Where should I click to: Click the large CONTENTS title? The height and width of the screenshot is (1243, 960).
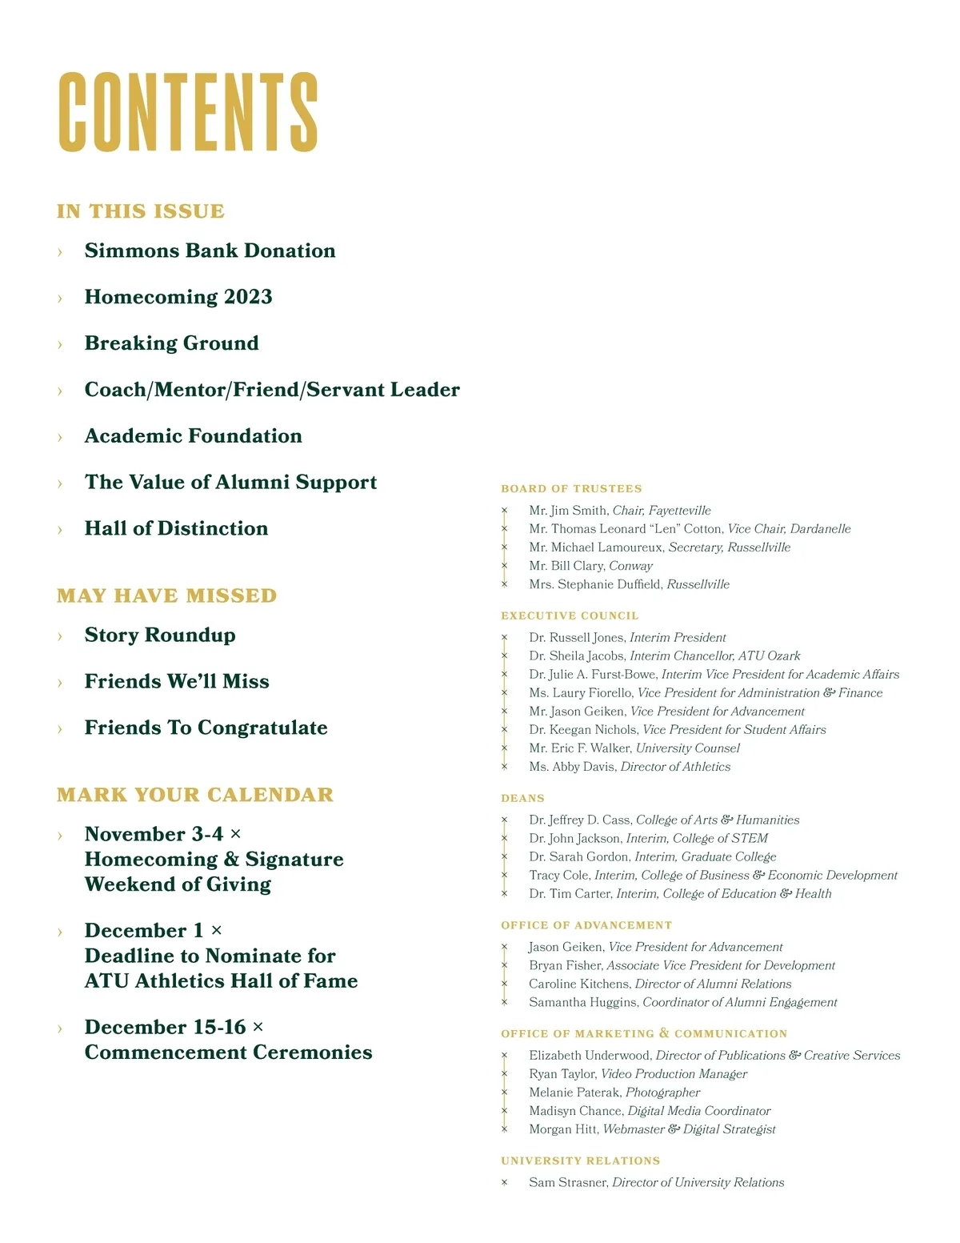(x=188, y=112)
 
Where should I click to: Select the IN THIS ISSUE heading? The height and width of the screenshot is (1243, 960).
(x=141, y=211)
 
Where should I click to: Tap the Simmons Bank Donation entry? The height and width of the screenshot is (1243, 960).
(x=210, y=251)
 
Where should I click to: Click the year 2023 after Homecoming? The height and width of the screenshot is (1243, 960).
(x=248, y=297)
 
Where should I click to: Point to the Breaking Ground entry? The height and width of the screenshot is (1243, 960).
(x=171, y=343)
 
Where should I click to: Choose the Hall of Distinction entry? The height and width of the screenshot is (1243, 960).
(x=176, y=528)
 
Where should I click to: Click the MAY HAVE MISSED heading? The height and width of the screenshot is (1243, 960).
(x=166, y=595)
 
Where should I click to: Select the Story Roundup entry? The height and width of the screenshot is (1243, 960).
(x=160, y=635)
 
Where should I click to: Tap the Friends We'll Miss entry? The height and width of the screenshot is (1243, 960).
(x=177, y=681)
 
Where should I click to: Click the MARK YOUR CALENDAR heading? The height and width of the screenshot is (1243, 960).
(x=195, y=795)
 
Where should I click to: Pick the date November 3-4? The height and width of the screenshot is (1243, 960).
(x=154, y=834)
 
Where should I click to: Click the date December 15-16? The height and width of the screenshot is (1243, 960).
(x=165, y=1027)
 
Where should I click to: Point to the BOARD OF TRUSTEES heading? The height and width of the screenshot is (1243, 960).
(x=571, y=489)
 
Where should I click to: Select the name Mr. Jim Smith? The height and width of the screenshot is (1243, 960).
(x=567, y=511)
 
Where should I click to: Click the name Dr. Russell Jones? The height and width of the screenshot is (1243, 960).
(x=577, y=638)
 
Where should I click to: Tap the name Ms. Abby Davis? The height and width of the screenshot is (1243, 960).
(x=572, y=767)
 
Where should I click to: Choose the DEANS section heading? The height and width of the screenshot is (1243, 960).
(x=522, y=799)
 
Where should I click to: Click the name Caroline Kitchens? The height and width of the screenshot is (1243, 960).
(x=578, y=984)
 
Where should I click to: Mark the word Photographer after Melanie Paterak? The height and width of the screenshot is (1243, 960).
(x=662, y=1093)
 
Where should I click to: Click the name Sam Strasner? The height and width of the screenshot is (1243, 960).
(x=568, y=1182)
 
